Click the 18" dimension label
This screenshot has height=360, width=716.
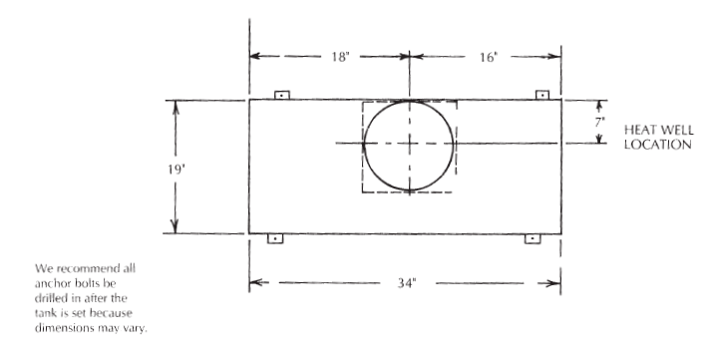click(340, 57)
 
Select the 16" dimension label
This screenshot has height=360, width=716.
click(489, 57)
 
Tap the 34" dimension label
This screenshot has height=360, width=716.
click(407, 283)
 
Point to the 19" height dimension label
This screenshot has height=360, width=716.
click(176, 170)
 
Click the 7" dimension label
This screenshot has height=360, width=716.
click(599, 122)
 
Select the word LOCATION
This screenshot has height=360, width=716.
click(657, 145)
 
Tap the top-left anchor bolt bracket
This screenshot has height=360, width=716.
click(282, 95)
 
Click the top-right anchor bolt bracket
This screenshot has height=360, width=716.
click(542, 95)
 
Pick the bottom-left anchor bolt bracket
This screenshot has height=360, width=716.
click(275, 238)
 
